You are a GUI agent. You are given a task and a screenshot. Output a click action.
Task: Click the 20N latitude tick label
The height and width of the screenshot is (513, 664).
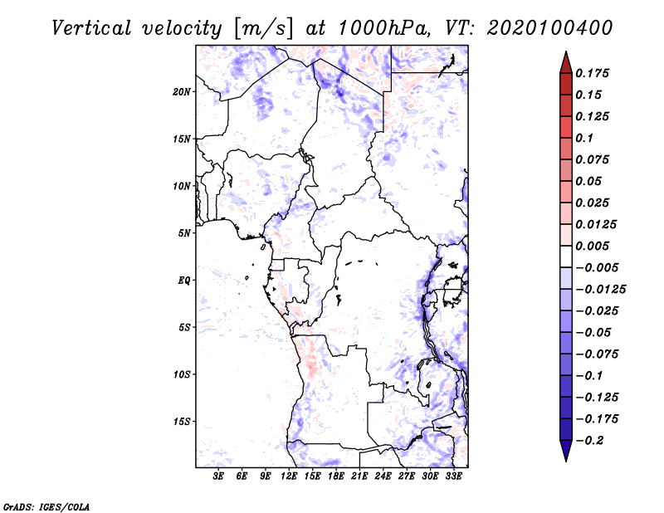pyautogui.click(x=182, y=91)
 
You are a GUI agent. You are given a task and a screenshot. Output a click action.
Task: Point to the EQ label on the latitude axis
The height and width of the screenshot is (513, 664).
pyautogui.click(x=184, y=281)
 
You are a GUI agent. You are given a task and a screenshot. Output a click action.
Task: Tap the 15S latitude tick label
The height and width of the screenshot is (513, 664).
pyautogui.click(x=182, y=422)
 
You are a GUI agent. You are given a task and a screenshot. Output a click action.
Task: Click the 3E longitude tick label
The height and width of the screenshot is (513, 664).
pyautogui.click(x=219, y=476)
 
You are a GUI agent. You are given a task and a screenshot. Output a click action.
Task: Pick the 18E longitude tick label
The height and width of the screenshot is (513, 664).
pyautogui.click(x=336, y=476)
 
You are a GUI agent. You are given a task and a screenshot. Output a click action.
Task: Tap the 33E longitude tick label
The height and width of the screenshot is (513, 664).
pyautogui.click(x=454, y=476)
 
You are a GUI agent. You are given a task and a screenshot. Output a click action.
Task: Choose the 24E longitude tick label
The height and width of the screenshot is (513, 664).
pyautogui.click(x=383, y=476)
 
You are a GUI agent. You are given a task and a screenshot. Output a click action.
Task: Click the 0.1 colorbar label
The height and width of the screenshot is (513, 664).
pyautogui.click(x=584, y=138)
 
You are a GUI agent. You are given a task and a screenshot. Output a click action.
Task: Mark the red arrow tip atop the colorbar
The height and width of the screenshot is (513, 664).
pyautogui.click(x=565, y=56)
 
